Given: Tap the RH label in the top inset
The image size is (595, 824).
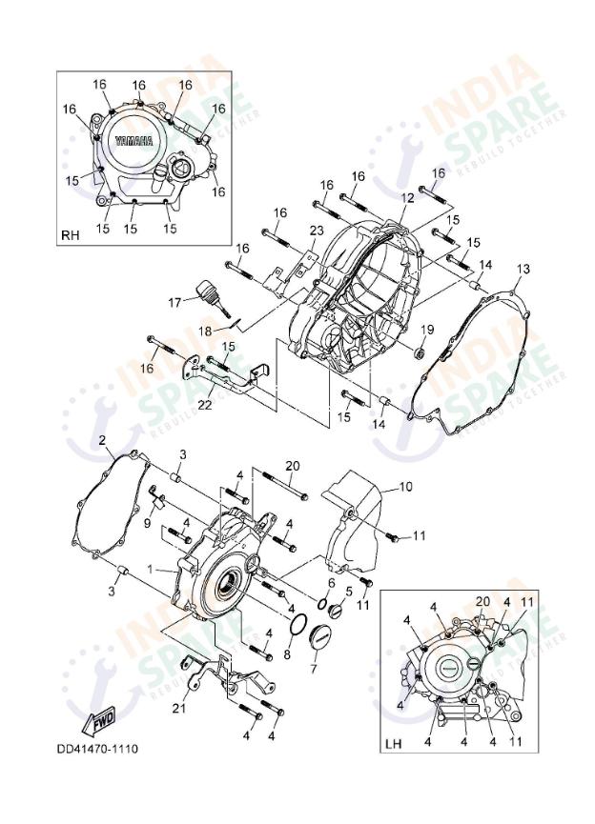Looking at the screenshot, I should [71, 234].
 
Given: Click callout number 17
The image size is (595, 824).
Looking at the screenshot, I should [175, 302].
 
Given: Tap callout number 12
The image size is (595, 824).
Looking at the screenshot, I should [407, 198].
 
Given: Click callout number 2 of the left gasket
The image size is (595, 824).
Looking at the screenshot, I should [102, 439].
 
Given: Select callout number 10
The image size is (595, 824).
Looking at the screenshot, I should [405, 487].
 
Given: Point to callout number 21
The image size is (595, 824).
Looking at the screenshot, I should [179, 709].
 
